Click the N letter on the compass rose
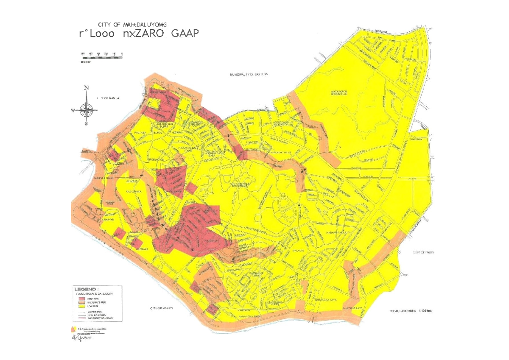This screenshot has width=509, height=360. tap(87, 88)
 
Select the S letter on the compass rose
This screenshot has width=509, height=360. tap(86, 124)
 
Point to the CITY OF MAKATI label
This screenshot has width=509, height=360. tap(162, 308)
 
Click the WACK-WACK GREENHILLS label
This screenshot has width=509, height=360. tap(339, 93)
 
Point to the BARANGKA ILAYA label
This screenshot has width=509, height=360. tap(325, 299)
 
